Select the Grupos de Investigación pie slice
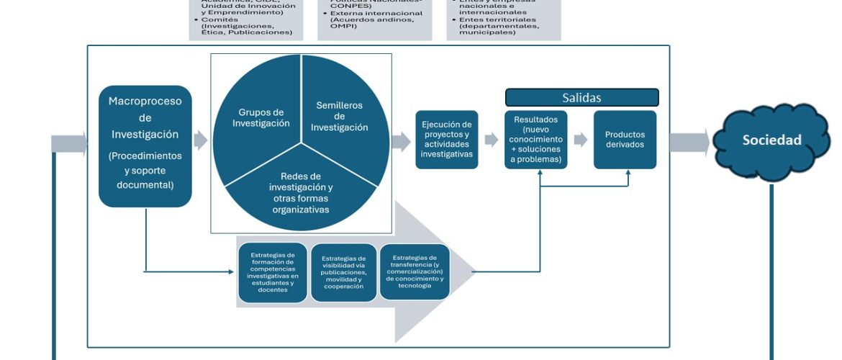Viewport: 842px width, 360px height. [261, 118]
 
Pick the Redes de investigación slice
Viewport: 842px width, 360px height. [301, 193]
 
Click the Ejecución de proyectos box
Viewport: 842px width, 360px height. [446, 139]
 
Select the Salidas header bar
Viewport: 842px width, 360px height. [581, 98]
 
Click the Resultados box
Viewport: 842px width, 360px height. [535, 139]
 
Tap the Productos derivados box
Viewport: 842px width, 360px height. [625, 139]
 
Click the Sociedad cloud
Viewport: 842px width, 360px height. [771, 140]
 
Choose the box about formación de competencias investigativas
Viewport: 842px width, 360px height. [272, 272]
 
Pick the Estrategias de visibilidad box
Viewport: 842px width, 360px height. [343, 272]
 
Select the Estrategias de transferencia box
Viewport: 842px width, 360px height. [414, 271]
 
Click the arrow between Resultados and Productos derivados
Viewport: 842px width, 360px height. [579, 139]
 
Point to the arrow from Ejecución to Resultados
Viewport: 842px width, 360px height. [491, 139]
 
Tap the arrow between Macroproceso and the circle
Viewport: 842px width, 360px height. [201, 140]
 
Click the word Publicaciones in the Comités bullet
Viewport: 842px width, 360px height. [268, 32]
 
